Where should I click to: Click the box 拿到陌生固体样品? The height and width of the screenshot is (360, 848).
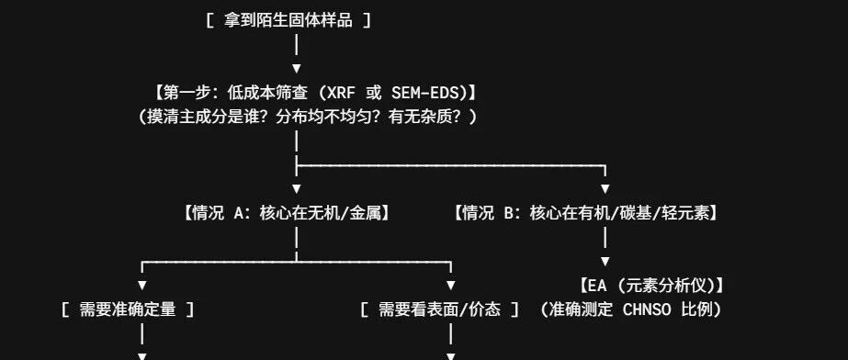point(288,21)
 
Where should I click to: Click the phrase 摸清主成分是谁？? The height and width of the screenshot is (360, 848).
point(209,117)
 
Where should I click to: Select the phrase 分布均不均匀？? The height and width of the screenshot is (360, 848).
point(329,117)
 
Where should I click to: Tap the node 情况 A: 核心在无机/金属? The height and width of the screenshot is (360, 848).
point(288,213)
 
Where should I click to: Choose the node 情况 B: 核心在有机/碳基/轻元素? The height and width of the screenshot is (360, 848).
point(587,213)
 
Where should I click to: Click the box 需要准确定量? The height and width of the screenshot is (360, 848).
point(128,309)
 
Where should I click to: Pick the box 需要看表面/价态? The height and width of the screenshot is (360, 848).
point(439,309)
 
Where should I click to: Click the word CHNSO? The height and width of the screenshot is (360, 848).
point(648,310)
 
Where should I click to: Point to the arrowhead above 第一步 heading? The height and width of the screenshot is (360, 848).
point(297,69)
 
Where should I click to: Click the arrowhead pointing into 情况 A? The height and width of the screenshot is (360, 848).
point(297,189)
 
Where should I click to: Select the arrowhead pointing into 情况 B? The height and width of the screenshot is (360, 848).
point(605,189)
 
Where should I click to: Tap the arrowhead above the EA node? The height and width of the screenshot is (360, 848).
point(605,262)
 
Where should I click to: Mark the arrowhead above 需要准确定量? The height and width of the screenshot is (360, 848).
point(142,286)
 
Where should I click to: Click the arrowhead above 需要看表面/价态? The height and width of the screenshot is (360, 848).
point(451,286)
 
